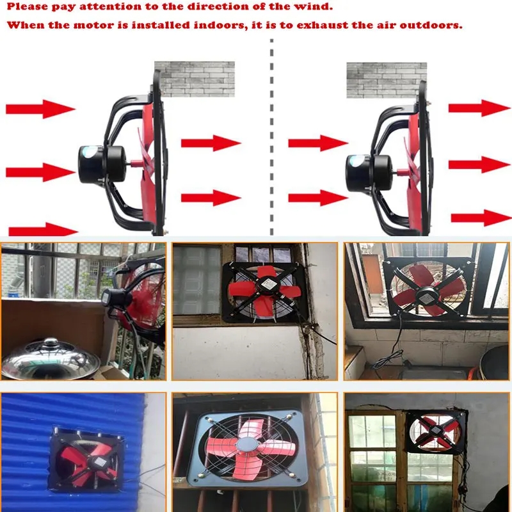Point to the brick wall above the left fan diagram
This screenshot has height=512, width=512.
pos(195,79)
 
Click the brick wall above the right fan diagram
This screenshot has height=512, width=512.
pos(387,80)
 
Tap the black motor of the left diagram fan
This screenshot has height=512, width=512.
pos(102,164)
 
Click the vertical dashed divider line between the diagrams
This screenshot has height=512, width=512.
pos(271,137)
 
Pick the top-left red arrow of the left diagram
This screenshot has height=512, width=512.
pos(41,109)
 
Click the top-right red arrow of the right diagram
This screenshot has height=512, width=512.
pos(479,108)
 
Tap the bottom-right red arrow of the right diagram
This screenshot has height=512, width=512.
pos(481,218)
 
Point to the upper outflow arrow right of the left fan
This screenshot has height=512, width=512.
pos(211,143)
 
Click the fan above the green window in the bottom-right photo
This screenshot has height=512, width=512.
pos(436,431)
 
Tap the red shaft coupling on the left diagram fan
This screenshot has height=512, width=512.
pos(136,163)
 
